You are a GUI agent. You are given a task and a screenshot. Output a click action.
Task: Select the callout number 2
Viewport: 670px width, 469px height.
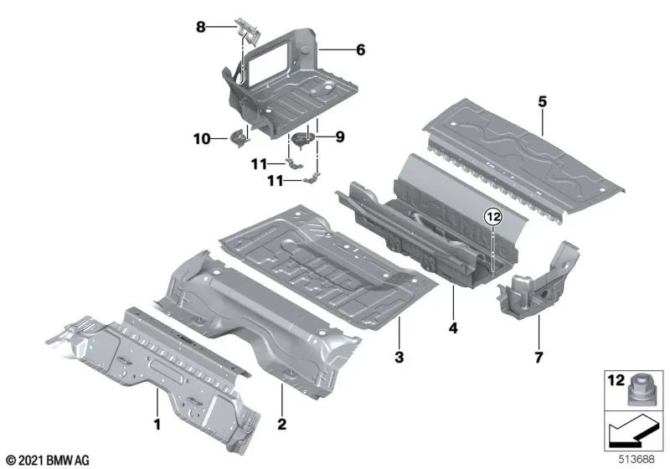(x=281, y=424)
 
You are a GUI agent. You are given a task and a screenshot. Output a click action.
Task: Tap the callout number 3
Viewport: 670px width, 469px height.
(x=399, y=358)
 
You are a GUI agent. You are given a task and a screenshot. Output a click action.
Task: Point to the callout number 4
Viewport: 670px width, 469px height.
(x=453, y=330)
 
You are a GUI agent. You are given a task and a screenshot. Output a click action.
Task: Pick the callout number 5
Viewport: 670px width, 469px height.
(x=543, y=101)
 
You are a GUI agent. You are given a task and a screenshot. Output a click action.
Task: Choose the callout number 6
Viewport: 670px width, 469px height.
(x=360, y=50)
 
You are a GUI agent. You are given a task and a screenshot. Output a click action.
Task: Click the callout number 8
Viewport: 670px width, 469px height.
(x=201, y=27)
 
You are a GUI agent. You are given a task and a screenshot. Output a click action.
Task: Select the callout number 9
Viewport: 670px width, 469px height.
(x=340, y=136)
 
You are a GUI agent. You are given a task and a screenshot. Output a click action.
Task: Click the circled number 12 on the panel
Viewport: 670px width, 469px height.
(x=493, y=217)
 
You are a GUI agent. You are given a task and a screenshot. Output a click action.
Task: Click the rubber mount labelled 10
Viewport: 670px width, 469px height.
(x=239, y=137)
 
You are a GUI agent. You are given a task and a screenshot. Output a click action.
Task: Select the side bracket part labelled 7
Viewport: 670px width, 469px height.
(x=540, y=283)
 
